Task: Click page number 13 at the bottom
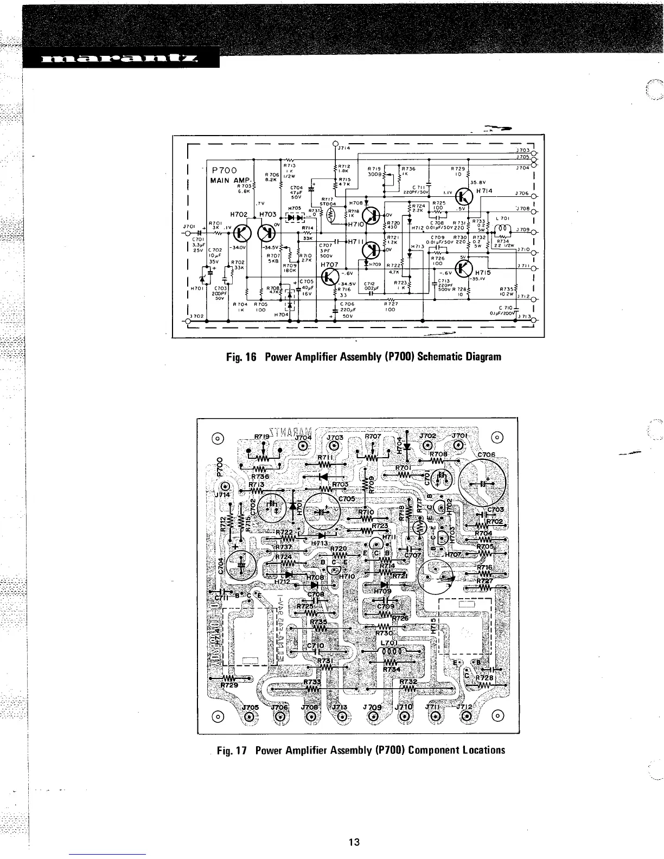coord(354,842)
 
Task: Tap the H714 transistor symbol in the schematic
coord(464,196)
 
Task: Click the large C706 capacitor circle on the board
coord(482,482)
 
